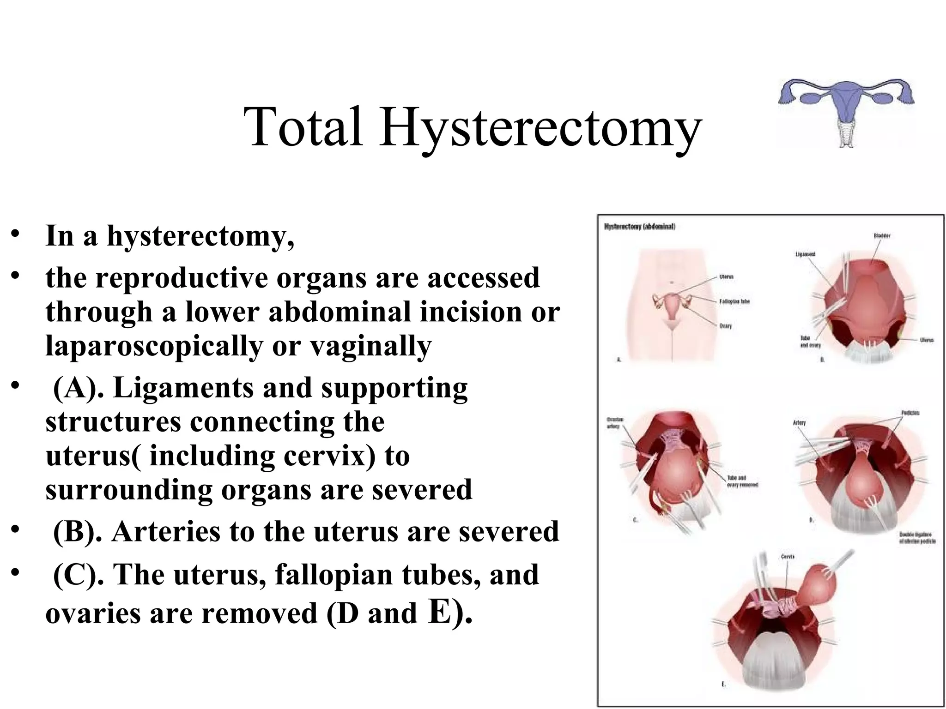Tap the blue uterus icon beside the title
[846, 111]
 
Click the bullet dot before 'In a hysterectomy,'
[17, 232]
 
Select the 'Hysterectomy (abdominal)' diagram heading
[640, 227]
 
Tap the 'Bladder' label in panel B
[882, 236]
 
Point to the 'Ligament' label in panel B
[805, 254]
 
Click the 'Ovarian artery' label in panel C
[615, 423]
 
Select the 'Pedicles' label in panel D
[910, 413]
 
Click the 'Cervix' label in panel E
[788, 557]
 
